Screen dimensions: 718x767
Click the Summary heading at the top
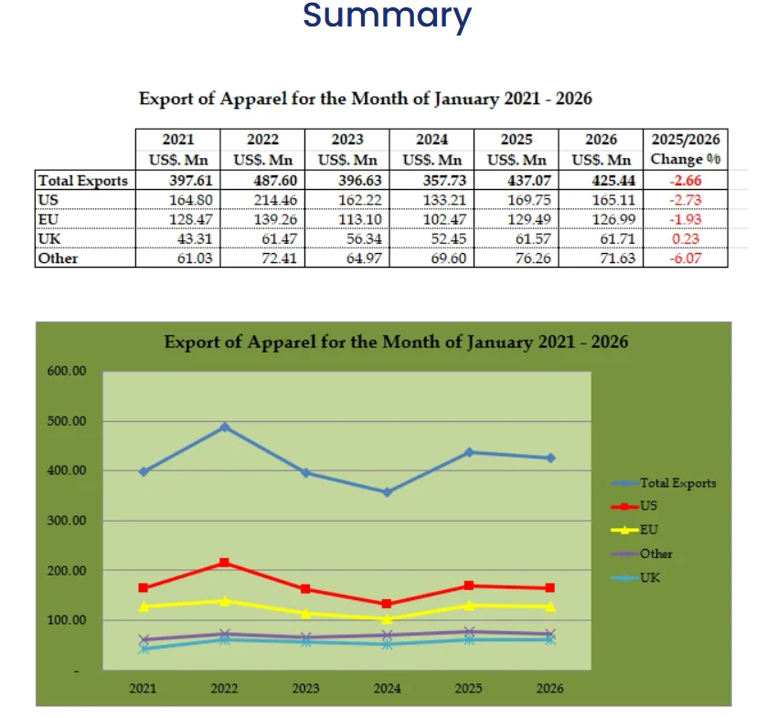pos(387,16)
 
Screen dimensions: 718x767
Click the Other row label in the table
pos(58,259)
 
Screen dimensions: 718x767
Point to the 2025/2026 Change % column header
pos(686,150)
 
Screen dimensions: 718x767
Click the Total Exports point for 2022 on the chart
pos(225,428)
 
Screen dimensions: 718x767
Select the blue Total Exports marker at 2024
pos(387,492)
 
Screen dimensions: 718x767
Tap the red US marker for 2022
pos(225,563)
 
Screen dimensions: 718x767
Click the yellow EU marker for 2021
pos(144,607)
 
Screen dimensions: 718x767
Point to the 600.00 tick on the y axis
pos(66,372)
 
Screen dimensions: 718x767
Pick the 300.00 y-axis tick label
pos(66,521)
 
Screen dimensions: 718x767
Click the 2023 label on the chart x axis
pos(306,688)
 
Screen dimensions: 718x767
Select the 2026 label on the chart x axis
pos(550,688)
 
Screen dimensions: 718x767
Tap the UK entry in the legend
pos(650,577)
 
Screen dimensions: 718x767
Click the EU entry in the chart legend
pos(649,530)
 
